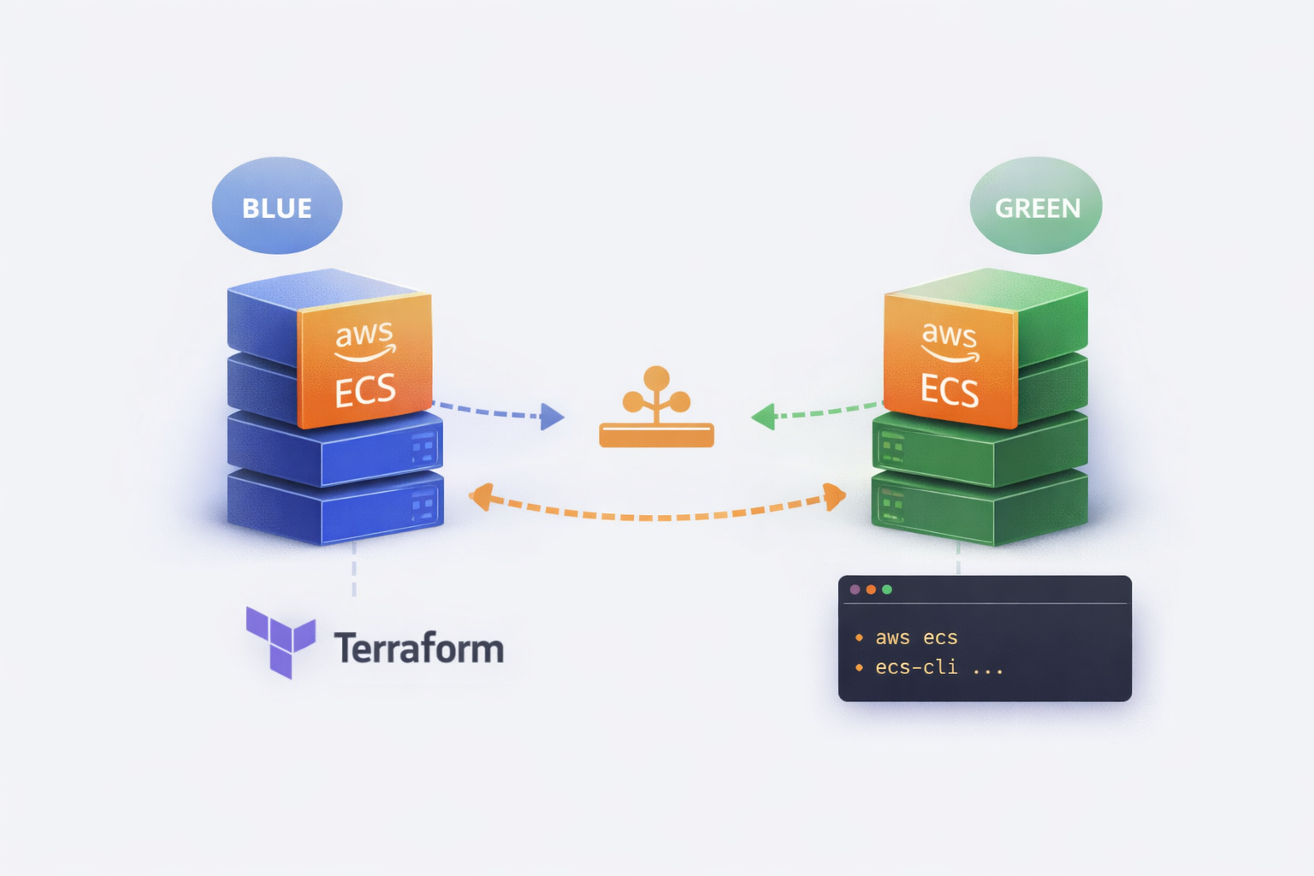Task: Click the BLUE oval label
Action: (276, 206)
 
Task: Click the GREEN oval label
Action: (1036, 206)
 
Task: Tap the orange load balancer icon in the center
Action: (656, 409)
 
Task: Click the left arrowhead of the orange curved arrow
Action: (481, 496)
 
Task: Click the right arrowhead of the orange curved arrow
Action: (834, 495)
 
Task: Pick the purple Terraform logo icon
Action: (281, 642)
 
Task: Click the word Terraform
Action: (418, 648)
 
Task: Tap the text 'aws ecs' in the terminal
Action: (915, 638)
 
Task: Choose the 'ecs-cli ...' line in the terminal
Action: (938, 667)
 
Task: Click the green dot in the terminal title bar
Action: (887, 589)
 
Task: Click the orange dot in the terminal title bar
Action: (871, 589)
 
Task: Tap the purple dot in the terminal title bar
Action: (855, 589)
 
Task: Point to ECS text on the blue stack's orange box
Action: (365, 391)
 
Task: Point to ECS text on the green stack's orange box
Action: (950, 390)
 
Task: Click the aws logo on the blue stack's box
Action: (365, 340)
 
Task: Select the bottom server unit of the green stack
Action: (980, 508)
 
